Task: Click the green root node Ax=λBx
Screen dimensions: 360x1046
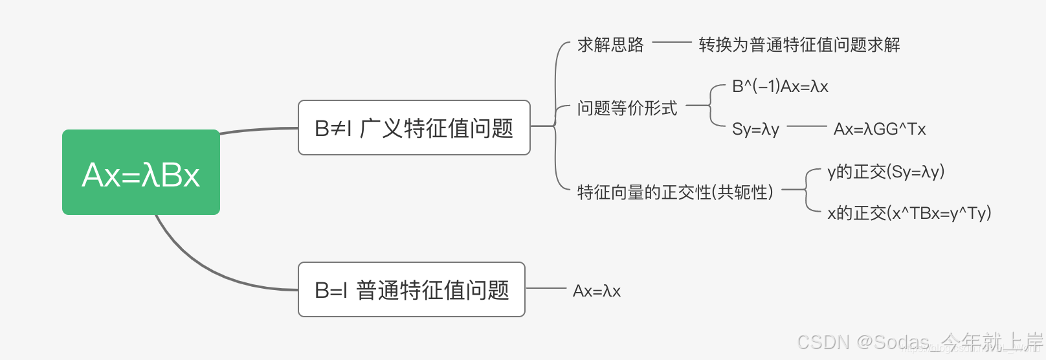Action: (141, 172)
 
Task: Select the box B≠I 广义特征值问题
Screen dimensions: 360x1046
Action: (414, 128)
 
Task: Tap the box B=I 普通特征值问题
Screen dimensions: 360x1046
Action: (411, 289)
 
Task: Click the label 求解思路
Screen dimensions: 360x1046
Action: (610, 45)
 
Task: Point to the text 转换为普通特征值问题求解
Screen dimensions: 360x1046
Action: (799, 45)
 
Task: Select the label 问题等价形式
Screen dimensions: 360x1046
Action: (627, 108)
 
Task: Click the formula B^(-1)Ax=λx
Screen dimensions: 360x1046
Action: (779, 87)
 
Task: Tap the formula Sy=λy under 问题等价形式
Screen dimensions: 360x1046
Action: (755, 129)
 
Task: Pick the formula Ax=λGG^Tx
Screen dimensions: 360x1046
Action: (879, 129)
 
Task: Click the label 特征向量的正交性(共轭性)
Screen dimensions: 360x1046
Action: (675, 192)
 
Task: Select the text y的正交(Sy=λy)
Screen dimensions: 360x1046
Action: (885, 172)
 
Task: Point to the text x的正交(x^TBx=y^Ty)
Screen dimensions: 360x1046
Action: (909, 213)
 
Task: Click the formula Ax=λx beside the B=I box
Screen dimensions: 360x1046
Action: (596, 291)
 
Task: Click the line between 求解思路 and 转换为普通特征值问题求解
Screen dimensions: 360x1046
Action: (672, 43)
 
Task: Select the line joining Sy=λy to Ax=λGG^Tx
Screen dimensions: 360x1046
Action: (807, 126)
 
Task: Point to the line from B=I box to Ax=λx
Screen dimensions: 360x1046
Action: (546, 288)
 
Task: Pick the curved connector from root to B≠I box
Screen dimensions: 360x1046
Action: (259, 129)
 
